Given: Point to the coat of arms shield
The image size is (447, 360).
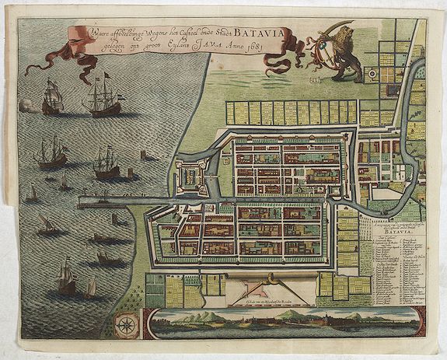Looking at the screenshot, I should pos(322,54).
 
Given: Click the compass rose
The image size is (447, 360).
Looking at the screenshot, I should pos(124,325).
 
